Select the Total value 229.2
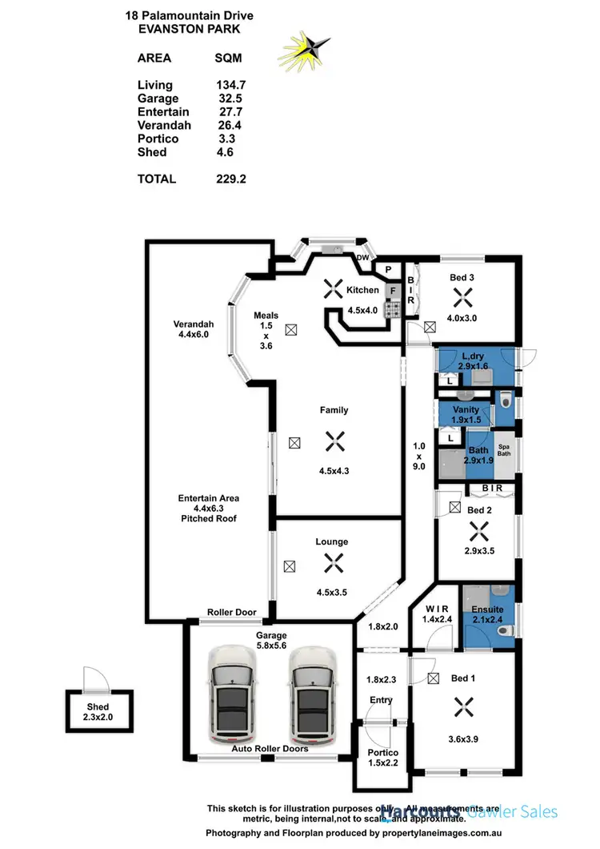tap(230, 179)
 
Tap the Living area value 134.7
tap(230, 85)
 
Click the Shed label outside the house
tap(98, 707)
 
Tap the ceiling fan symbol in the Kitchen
tap(331, 290)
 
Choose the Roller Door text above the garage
tap(232, 613)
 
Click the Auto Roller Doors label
tap(270, 749)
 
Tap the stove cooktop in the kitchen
tap(393, 310)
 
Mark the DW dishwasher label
tap(362, 258)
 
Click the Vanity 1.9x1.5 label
tap(465, 415)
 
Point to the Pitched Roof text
tap(209, 518)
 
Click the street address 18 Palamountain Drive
tap(189, 14)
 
